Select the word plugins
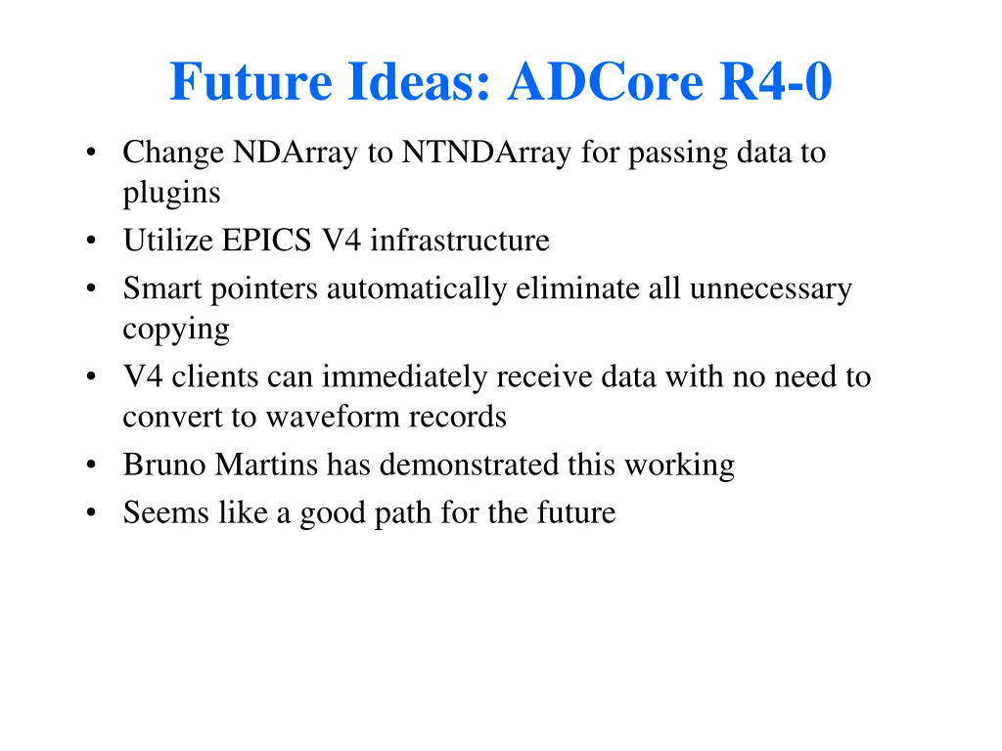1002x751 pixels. point(171,194)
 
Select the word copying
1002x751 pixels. point(176,331)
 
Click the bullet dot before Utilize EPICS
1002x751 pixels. point(91,242)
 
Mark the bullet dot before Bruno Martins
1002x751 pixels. point(91,466)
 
